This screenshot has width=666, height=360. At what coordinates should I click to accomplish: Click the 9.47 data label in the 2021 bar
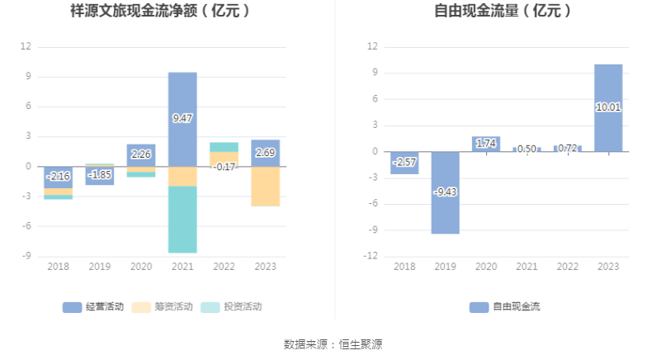point(182,119)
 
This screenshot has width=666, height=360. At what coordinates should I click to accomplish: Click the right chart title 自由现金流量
point(503,12)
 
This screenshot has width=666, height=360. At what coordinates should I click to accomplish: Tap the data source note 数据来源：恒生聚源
point(333,343)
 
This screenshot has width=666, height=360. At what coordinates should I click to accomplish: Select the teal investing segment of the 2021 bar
point(182,220)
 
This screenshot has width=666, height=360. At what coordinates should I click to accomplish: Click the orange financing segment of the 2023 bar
point(265,187)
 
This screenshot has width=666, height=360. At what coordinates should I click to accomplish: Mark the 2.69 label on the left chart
point(265,153)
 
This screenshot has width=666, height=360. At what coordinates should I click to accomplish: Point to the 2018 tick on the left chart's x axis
point(58,267)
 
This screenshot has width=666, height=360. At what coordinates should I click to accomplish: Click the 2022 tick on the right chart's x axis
point(567,267)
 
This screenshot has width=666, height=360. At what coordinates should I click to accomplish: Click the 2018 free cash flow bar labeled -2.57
point(404,163)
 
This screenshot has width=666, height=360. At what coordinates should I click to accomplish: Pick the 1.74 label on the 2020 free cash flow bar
point(485,144)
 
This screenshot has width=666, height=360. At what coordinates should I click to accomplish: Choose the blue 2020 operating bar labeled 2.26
point(141,154)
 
